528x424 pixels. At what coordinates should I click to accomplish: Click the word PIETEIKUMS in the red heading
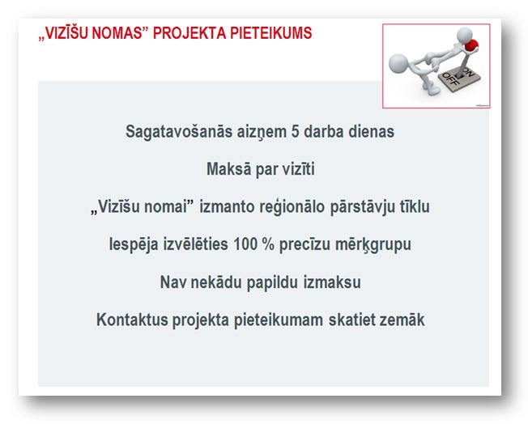tap(271, 33)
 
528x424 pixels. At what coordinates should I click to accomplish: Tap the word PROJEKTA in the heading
tap(189, 33)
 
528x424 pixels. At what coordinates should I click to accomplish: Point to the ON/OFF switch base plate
tap(459, 79)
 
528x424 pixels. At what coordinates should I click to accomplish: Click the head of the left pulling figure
tap(398, 63)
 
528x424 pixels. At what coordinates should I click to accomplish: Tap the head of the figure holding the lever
tap(465, 35)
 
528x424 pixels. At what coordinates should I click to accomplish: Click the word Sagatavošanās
tap(179, 132)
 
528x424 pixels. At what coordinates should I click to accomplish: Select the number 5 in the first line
tap(295, 131)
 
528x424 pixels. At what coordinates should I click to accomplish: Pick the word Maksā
tap(228, 169)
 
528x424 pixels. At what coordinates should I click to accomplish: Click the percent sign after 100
tap(268, 244)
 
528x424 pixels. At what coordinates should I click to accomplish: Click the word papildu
tap(272, 282)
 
